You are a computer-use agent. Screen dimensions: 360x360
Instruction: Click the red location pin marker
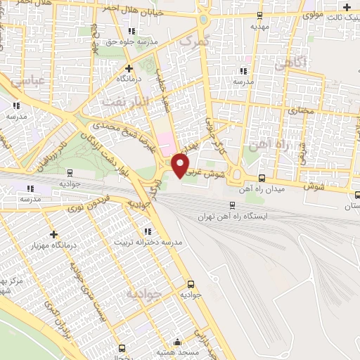coord(181,165)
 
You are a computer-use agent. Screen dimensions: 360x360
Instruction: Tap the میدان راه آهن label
coord(262,190)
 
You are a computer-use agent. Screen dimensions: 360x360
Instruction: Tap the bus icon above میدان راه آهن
coord(262,178)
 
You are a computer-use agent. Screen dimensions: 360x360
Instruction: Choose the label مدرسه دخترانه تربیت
coord(147,242)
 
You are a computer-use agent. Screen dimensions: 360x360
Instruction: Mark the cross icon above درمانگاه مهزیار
coord(54,233)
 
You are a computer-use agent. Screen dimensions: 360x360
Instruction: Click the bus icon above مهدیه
coord(259,14)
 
